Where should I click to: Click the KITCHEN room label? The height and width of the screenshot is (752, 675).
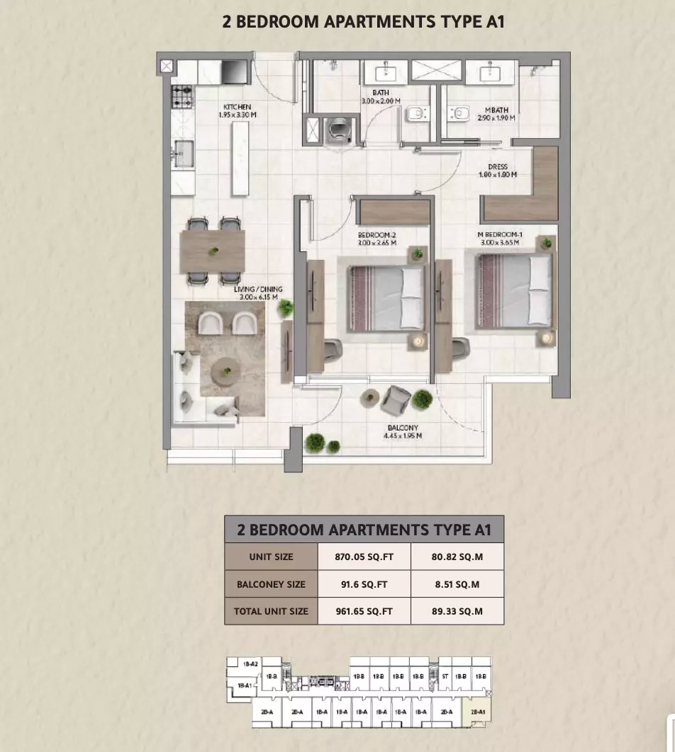[237, 107]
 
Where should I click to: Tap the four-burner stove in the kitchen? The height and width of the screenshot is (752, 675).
[182, 96]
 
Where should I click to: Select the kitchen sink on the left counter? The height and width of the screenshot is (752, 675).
[182, 152]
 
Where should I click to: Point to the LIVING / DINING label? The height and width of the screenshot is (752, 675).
[258, 290]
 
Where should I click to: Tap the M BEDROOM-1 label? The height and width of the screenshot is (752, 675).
[501, 234]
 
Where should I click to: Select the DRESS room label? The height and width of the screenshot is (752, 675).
[498, 168]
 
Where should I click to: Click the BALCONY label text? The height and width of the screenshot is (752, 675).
[403, 428]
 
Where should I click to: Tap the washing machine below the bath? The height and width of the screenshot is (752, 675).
[337, 130]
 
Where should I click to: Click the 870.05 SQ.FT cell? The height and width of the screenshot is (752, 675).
[364, 557]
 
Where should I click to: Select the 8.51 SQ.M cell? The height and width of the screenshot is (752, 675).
[457, 584]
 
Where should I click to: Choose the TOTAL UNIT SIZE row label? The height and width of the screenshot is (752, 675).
[271, 610]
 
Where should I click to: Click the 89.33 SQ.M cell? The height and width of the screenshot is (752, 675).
[457, 610]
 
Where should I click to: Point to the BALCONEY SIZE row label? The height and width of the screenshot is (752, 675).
[271, 584]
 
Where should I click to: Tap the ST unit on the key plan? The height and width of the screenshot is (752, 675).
[445, 677]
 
